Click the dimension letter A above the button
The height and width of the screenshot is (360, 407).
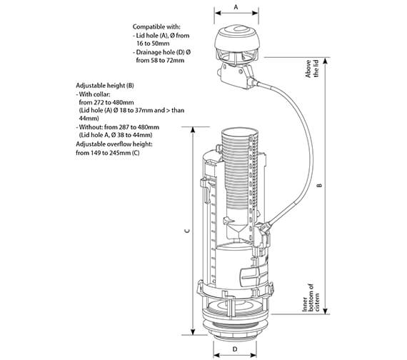(x=237, y=6)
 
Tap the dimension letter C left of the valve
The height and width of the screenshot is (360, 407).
(x=186, y=231)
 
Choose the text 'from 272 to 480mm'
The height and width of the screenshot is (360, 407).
(x=107, y=101)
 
